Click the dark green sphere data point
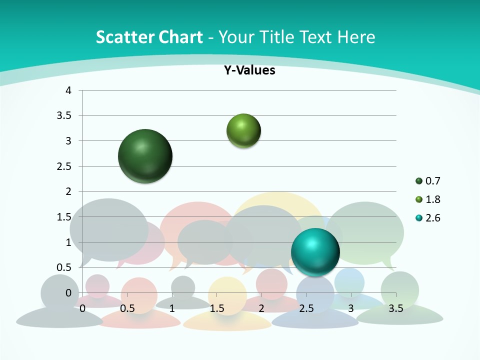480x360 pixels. pyautogui.click(x=145, y=156)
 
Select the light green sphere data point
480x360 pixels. pyautogui.click(x=243, y=131)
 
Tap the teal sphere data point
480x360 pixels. pyautogui.click(x=315, y=251)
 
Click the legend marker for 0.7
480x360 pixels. pyautogui.click(x=418, y=181)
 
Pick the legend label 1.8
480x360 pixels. pyautogui.click(x=432, y=199)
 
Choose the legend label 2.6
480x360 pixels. pyautogui.click(x=432, y=218)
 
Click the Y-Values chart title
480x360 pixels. pyautogui.click(x=249, y=70)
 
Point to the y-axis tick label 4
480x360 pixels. pyautogui.click(x=68, y=90)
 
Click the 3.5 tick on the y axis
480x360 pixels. pyautogui.click(x=64, y=116)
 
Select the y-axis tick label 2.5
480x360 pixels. pyautogui.click(x=64, y=166)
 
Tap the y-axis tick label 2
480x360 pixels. pyautogui.click(x=68, y=191)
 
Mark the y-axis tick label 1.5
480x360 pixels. pyautogui.click(x=64, y=217)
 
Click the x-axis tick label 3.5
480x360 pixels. pyautogui.click(x=395, y=308)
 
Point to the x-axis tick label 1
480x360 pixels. pyautogui.click(x=172, y=308)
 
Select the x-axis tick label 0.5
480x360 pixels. pyautogui.click(x=127, y=308)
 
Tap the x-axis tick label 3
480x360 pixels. pyautogui.click(x=350, y=308)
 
